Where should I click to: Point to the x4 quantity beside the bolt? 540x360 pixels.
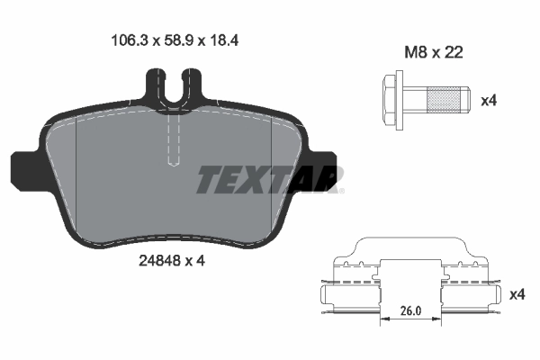(490, 100)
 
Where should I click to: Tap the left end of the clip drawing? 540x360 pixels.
(326, 293)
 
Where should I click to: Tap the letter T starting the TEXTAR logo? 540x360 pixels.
(209, 180)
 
